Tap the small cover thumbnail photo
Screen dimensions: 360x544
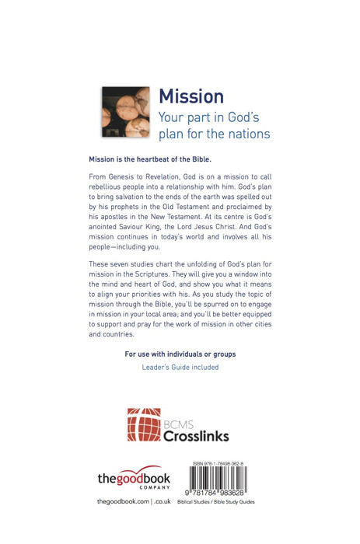(x=125, y=112)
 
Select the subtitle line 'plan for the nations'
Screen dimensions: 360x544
(x=214, y=134)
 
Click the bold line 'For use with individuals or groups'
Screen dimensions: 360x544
(x=180, y=354)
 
